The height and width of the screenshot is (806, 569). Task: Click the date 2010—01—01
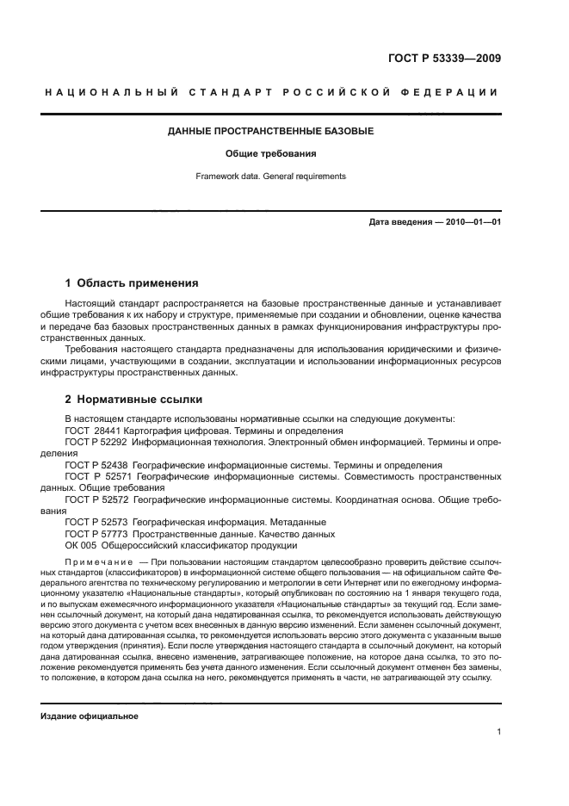pos(472,222)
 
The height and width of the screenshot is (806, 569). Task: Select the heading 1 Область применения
pos(132,282)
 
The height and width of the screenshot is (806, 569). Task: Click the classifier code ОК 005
pos(80,544)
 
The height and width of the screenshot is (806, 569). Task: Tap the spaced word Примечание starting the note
pos(95,561)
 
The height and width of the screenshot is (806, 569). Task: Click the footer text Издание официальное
pos(90,716)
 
